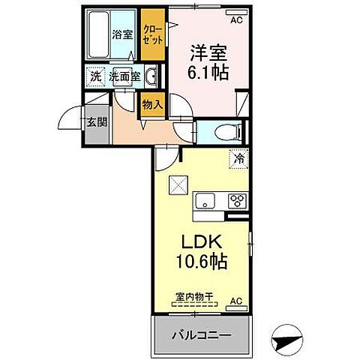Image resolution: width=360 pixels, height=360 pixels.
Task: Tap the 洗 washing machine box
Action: (x=94, y=76)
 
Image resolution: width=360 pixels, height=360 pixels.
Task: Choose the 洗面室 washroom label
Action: (x=124, y=76)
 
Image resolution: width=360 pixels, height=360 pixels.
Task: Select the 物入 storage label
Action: (x=153, y=105)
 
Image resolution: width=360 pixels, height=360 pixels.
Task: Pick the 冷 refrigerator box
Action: (x=238, y=158)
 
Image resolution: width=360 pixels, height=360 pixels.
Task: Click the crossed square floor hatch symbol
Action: (x=177, y=182)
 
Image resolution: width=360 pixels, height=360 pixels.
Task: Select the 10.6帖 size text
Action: (x=200, y=264)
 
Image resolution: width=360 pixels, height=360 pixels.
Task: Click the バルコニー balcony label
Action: (x=199, y=334)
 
